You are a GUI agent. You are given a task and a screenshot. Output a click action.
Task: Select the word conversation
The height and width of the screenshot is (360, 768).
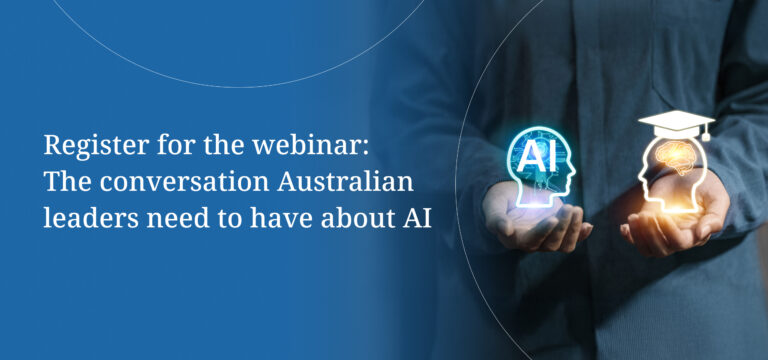[x=184, y=183]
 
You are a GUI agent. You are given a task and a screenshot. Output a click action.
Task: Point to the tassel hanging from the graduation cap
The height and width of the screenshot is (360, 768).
[x=705, y=132]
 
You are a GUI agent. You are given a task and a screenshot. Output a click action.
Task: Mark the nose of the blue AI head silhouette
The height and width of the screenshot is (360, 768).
[x=573, y=174]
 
